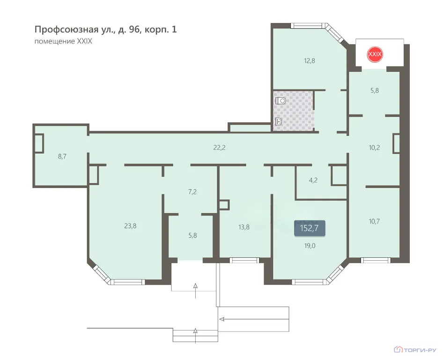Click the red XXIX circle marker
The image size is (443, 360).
[375, 54]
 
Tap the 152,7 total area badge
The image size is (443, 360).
[310, 228]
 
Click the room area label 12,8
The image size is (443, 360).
[310, 60]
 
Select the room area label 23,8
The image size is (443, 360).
[130, 225]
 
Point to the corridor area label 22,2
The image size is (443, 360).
[219, 147]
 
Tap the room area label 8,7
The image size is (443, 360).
[62, 156]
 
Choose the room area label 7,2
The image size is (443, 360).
[192, 192]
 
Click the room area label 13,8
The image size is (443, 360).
[244, 227]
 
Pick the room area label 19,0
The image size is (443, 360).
[310, 246]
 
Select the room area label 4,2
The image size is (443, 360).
[313, 180]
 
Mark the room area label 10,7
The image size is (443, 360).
[374, 221]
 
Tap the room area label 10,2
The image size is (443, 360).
[374, 147]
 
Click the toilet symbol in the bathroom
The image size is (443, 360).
[281, 101]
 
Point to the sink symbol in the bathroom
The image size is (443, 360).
[279, 121]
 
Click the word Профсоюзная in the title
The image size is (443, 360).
[66, 30]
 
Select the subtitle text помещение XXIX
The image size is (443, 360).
[63, 41]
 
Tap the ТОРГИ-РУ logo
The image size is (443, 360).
[415, 350]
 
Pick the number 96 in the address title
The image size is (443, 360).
[134, 30]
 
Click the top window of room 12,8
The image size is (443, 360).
[307, 26]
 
